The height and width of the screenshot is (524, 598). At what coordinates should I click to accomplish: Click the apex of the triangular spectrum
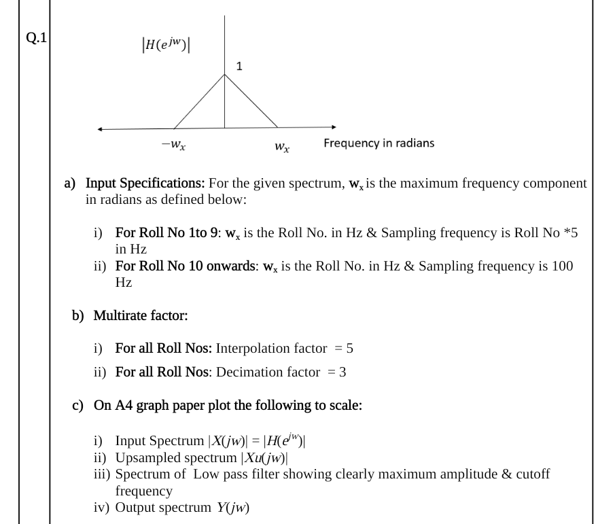(x=225, y=75)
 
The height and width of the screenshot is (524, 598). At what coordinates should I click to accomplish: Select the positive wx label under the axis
(x=281, y=146)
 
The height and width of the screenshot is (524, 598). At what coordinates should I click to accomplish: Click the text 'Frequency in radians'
(x=379, y=143)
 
